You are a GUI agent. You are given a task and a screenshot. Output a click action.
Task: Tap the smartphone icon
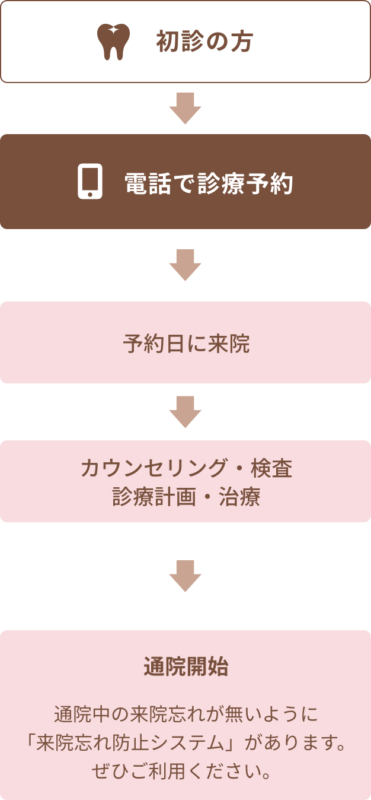pyautogui.click(x=90, y=182)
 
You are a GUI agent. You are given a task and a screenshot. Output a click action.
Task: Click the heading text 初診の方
pyautogui.click(x=204, y=42)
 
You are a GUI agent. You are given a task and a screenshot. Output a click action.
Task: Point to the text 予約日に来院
pyautogui.click(x=186, y=344)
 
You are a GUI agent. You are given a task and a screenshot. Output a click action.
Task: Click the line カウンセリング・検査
pyautogui.click(x=186, y=469)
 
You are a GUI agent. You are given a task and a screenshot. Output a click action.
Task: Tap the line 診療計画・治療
pyautogui.click(x=186, y=497)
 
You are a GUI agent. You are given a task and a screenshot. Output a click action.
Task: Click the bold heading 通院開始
pyautogui.click(x=185, y=667)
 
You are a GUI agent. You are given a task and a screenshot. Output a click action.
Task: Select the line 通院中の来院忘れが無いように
pyautogui.click(x=185, y=713)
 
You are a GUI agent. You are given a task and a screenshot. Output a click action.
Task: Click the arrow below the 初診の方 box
pyautogui.click(x=185, y=108)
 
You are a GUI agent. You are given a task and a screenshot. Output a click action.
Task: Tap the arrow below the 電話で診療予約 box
pyautogui.click(x=185, y=265)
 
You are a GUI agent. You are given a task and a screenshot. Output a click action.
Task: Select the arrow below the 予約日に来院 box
pyautogui.click(x=185, y=411)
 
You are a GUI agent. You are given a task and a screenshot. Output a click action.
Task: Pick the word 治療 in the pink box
pyautogui.click(x=244, y=497)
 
